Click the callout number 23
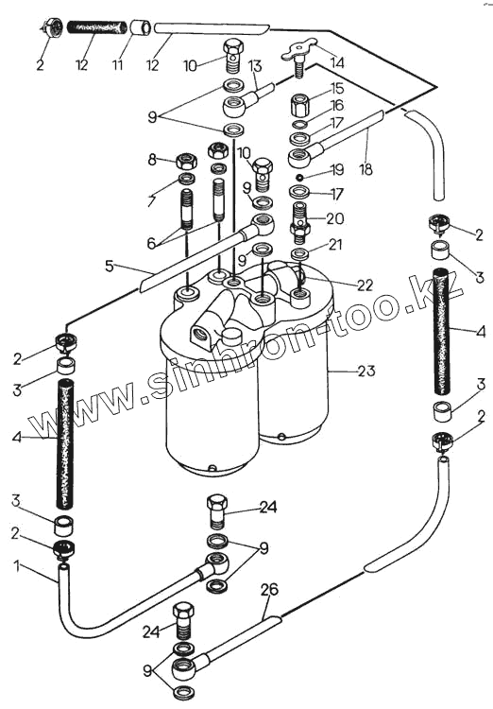(365, 371)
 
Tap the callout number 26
(269, 590)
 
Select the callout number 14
(336, 62)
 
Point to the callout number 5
(110, 266)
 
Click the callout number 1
(17, 565)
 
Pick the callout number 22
(365, 285)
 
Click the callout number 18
(365, 169)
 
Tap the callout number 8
(152, 159)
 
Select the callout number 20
(335, 219)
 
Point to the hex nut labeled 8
(185, 161)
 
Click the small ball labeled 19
(299, 176)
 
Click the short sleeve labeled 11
(142, 26)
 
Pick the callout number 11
(117, 64)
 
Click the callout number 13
(255, 66)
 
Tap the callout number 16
(337, 105)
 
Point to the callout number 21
(335, 245)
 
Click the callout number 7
(152, 198)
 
